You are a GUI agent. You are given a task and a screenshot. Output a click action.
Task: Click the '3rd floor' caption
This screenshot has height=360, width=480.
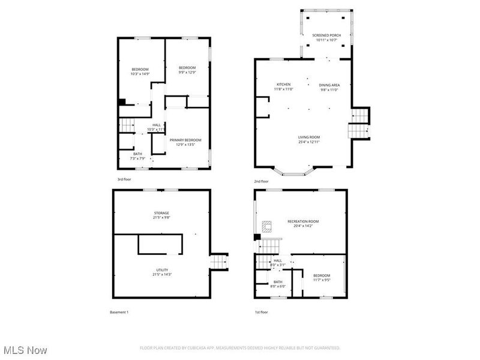click(x=124, y=179)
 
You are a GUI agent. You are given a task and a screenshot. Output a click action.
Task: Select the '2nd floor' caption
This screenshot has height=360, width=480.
click(x=261, y=181)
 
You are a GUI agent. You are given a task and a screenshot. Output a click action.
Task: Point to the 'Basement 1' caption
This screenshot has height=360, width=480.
click(x=119, y=312)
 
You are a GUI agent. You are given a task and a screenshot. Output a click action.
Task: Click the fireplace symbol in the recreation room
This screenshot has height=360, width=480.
click(x=266, y=226)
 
